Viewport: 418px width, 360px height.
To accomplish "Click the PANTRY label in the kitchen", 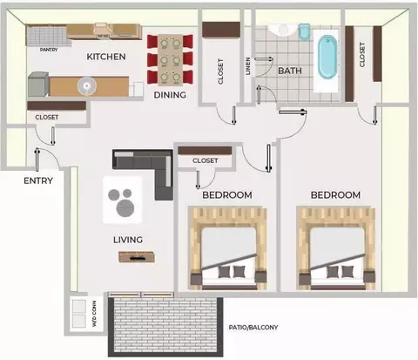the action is click(49, 50).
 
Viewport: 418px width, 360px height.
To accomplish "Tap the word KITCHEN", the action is click(106, 57).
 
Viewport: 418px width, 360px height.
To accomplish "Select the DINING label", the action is click(170, 95).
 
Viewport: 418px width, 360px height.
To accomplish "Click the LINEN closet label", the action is click(248, 66).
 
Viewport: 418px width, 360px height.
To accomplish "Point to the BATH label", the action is click(290, 71).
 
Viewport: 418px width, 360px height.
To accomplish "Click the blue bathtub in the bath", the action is click(327, 57).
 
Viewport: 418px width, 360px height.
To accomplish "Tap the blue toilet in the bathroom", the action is click(304, 31).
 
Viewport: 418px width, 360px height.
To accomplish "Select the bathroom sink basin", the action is click(283, 30).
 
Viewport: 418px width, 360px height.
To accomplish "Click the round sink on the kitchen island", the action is click(87, 86).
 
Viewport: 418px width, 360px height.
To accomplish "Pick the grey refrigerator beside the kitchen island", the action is click(38, 85).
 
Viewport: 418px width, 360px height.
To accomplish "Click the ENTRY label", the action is click(38, 180).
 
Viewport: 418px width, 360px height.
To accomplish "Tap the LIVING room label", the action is click(128, 240).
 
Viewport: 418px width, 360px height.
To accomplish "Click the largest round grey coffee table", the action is click(125, 207).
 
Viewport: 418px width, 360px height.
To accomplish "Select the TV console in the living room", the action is click(137, 257).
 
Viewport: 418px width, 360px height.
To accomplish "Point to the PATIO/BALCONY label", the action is click(253, 328).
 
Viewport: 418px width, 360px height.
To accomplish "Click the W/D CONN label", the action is click(94, 314).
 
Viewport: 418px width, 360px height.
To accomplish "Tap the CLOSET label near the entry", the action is click(47, 118).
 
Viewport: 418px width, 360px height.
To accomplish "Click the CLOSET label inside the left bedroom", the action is click(206, 160).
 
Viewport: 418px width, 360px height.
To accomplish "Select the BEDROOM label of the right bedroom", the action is click(335, 195).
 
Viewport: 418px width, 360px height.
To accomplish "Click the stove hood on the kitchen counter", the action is click(103, 31).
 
